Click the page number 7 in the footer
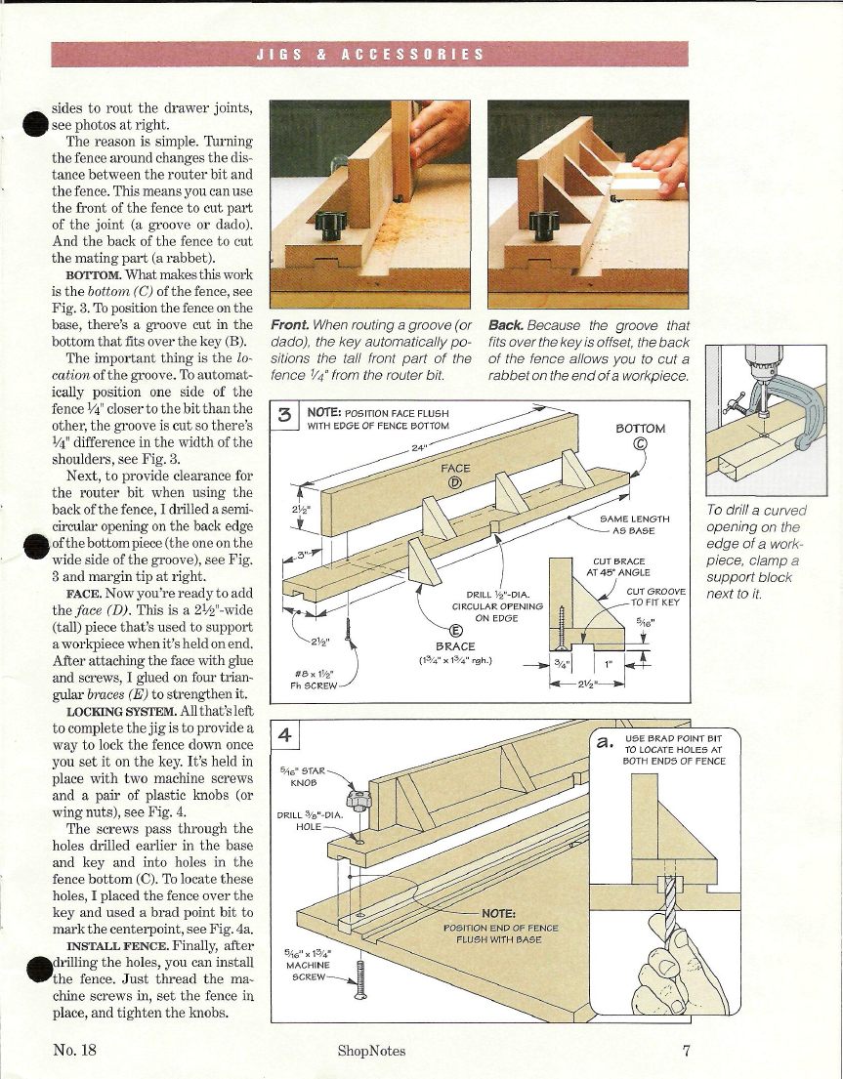coord(688,1051)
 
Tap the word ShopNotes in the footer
coord(371,1051)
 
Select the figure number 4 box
coord(283,734)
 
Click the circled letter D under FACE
coord(454,482)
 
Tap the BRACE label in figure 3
coord(455,645)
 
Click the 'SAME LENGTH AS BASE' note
coord(635,524)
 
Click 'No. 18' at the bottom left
coord(74,1051)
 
